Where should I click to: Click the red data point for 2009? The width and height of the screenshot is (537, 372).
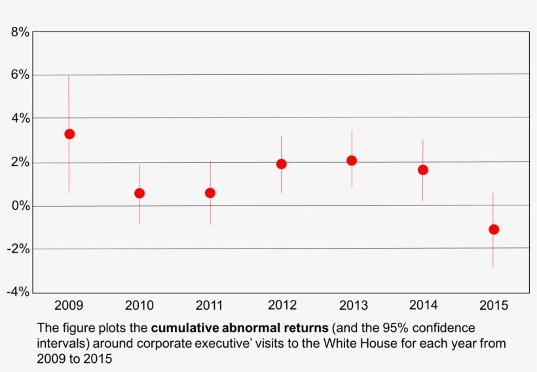click(x=69, y=134)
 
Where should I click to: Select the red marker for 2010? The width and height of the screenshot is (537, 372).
click(x=139, y=193)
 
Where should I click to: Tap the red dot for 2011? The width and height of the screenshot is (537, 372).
click(x=210, y=193)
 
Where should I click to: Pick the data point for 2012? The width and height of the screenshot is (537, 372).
click(x=281, y=164)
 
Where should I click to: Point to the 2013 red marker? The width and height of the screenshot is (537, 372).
click(x=352, y=161)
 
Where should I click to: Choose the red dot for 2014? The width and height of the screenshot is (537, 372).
click(x=423, y=170)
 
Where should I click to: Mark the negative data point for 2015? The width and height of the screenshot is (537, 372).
click(x=494, y=230)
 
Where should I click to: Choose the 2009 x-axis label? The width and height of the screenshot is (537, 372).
click(x=69, y=305)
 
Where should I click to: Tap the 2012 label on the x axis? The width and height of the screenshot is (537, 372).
click(x=282, y=305)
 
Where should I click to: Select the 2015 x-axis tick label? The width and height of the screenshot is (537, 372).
click(x=494, y=305)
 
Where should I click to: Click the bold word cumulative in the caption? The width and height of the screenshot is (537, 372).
click(x=185, y=327)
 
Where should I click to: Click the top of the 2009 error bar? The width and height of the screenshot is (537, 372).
click(x=69, y=77)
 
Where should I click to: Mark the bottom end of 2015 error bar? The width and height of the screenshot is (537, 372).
click(x=493, y=266)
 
